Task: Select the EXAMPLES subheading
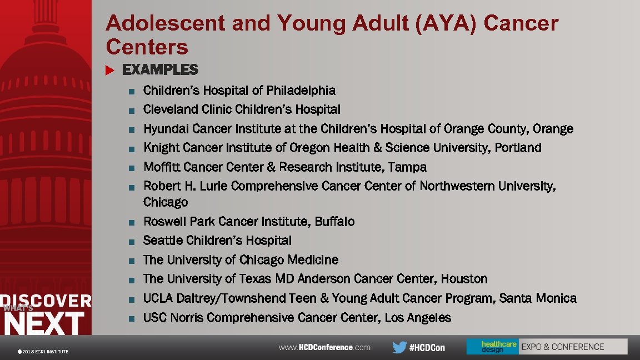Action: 160,70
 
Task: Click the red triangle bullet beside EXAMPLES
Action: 109,70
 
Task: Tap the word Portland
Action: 518,148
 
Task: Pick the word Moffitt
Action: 161,167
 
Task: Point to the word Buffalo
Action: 334,222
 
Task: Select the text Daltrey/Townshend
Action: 231,298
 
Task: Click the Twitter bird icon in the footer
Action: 399,347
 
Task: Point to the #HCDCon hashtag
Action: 427,347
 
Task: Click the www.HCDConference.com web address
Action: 324,347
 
